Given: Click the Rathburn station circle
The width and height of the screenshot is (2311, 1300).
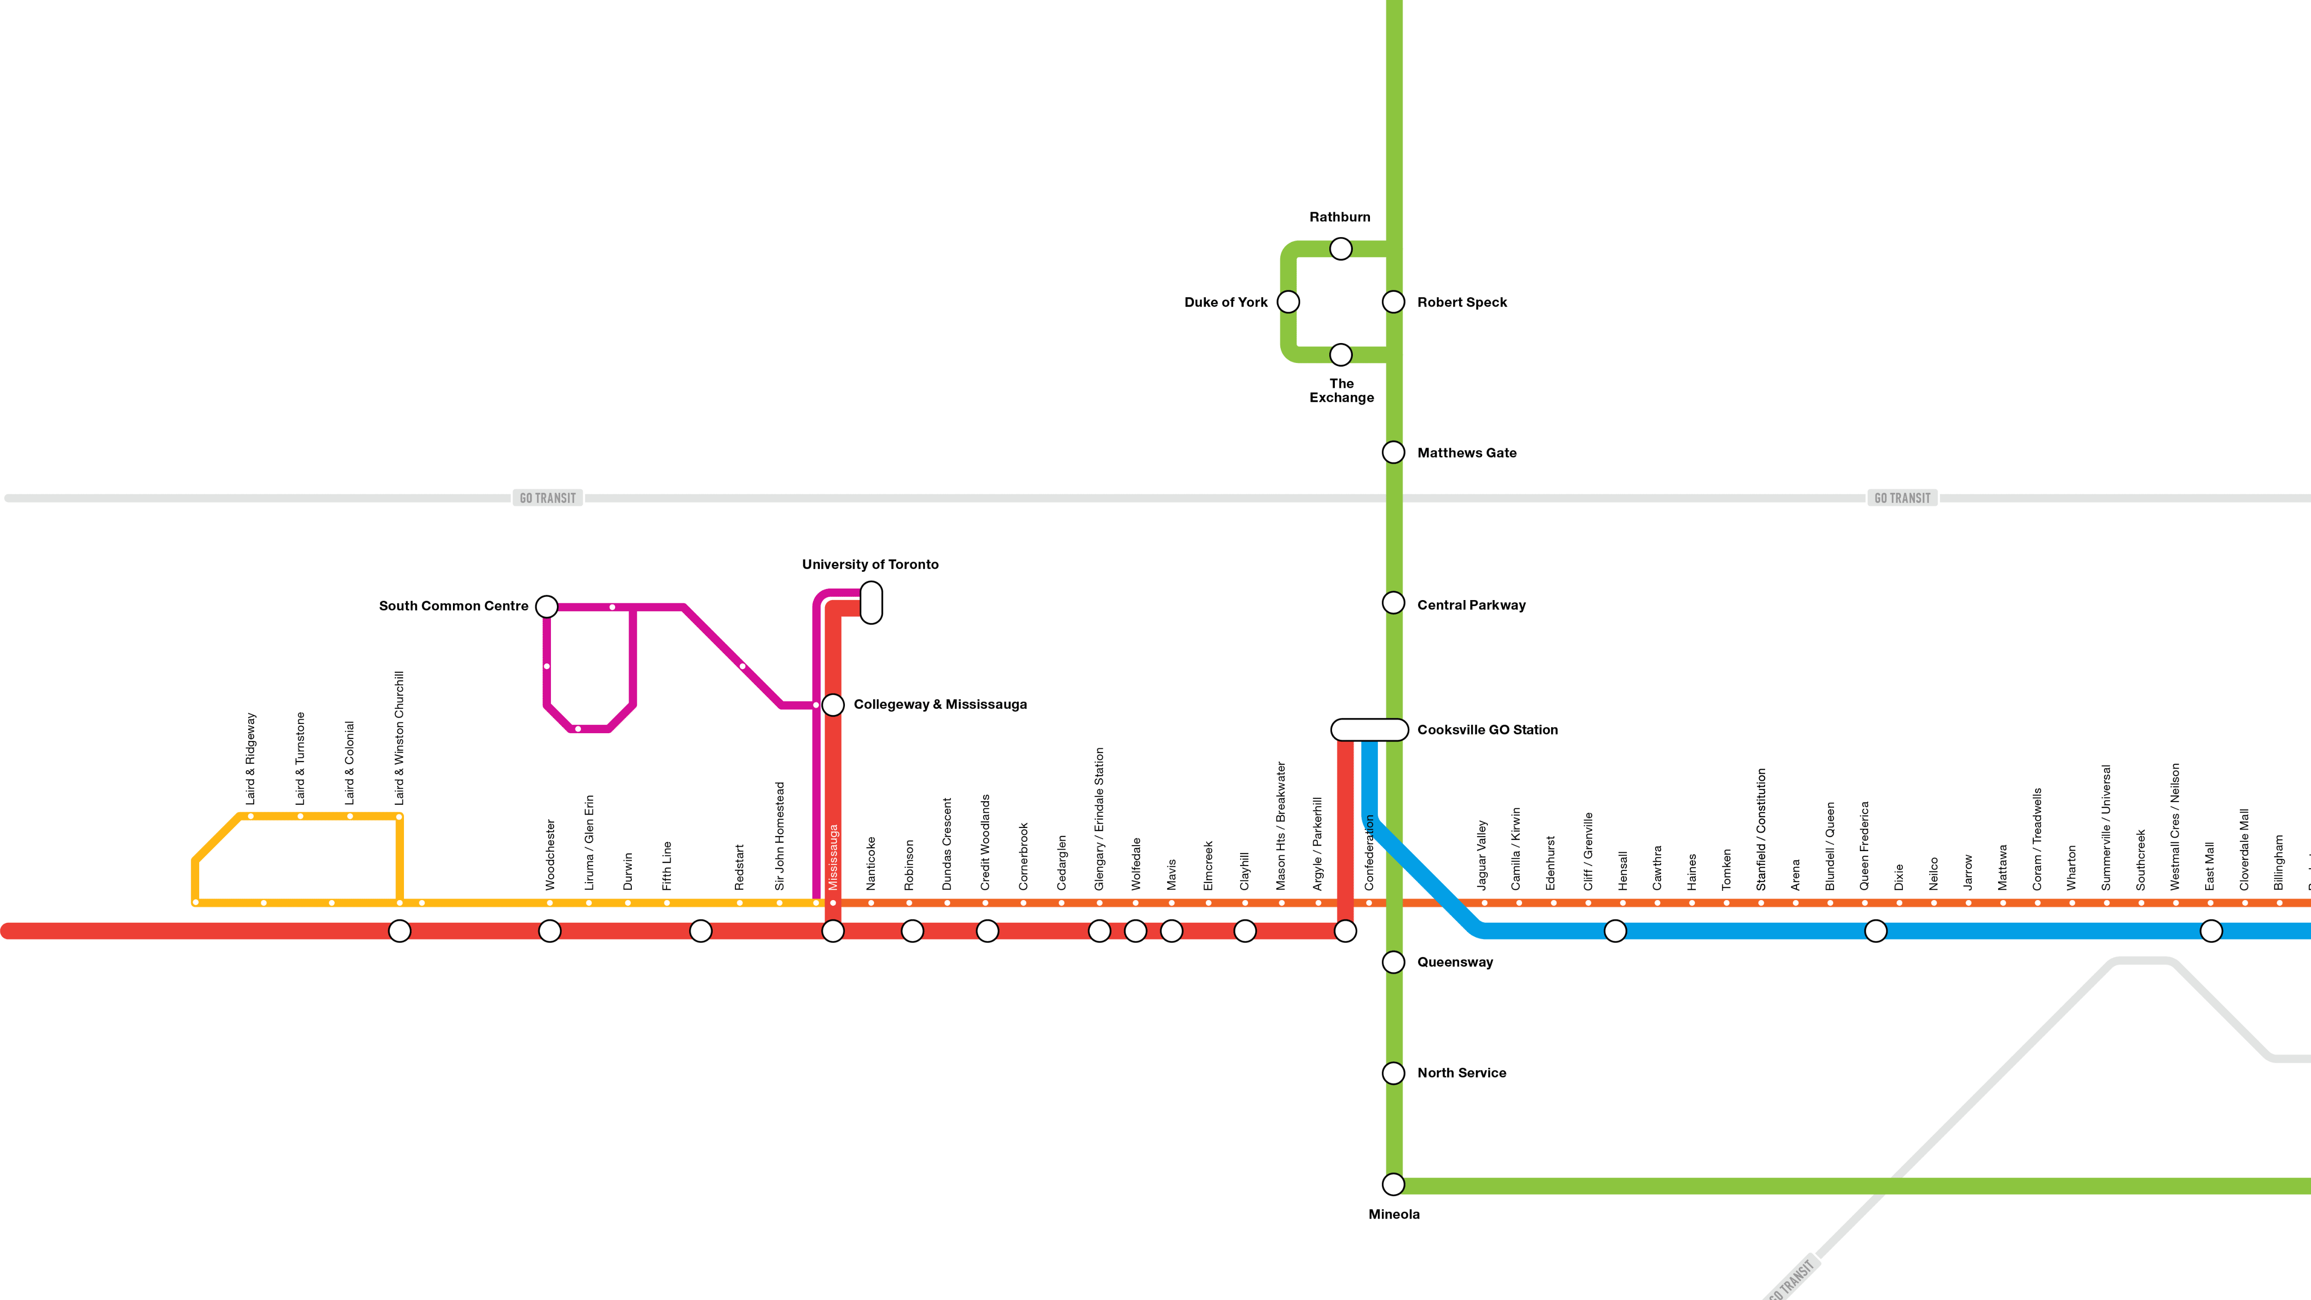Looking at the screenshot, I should coord(1340,249).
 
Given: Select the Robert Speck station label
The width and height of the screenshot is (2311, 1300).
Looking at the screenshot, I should coord(1461,302).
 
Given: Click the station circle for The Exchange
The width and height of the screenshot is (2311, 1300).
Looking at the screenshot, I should coord(1340,355).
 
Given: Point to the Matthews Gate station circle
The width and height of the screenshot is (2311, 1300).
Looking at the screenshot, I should coord(1393,452).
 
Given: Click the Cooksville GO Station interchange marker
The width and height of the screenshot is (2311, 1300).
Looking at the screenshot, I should coord(1369,730).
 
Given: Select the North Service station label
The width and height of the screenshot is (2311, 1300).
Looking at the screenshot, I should coord(1461,1073).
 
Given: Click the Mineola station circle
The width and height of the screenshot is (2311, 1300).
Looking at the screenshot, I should coord(1393,1184).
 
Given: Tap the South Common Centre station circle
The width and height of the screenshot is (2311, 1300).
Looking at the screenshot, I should coord(546,607).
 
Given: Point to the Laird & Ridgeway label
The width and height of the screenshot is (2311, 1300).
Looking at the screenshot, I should coord(251,758).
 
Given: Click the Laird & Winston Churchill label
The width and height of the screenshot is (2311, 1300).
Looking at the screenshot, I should coord(399,737).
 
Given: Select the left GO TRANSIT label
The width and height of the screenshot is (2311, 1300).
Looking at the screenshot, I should coord(547,498).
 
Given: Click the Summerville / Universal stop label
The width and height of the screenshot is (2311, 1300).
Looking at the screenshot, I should coord(2106,827).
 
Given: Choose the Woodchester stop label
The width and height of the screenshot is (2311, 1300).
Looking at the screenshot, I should coord(550,854).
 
